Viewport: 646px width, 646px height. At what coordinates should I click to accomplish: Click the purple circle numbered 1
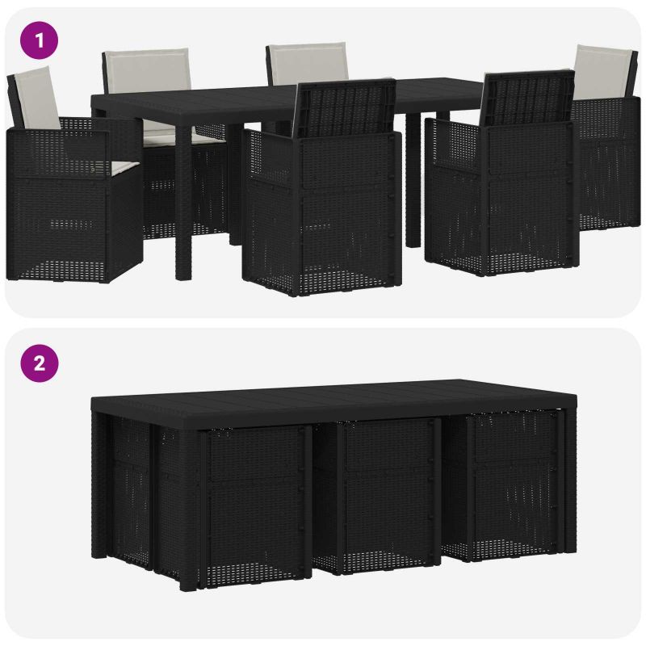(x=39, y=40)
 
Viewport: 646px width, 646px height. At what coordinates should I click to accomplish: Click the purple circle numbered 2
(x=39, y=363)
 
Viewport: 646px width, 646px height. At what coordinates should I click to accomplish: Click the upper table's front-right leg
(x=413, y=180)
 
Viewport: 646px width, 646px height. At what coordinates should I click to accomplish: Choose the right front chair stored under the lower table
(x=502, y=485)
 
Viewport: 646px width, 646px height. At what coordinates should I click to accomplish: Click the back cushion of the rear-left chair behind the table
(x=147, y=69)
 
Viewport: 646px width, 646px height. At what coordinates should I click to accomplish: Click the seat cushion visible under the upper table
(x=184, y=137)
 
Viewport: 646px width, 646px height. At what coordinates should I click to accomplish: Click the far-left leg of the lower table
(x=99, y=485)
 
